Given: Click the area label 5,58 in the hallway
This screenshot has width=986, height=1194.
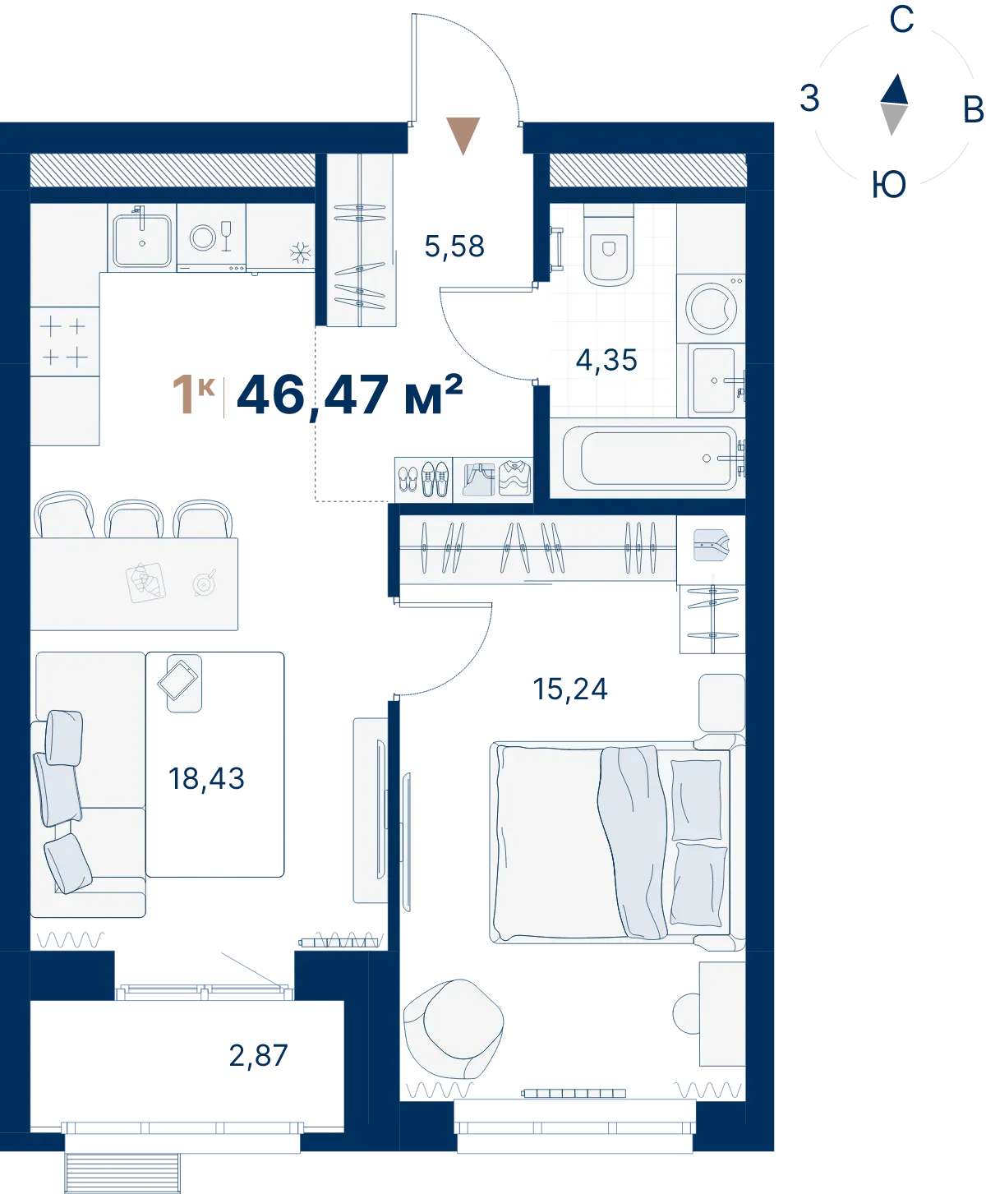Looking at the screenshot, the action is pyautogui.click(x=454, y=247).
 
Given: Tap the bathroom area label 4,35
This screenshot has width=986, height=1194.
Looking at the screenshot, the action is pyautogui.click(x=606, y=360).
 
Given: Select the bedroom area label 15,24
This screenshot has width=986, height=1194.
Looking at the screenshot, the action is pyautogui.click(x=569, y=689).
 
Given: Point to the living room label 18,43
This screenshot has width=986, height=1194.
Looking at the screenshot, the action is pyautogui.click(x=206, y=778).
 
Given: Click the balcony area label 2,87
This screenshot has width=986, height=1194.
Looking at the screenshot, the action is pyautogui.click(x=258, y=1056).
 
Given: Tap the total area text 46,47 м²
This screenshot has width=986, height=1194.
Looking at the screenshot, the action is pyautogui.click(x=349, y=395).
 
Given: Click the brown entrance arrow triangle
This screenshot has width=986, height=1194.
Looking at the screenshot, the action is pyautogui.click(x=463, y=136).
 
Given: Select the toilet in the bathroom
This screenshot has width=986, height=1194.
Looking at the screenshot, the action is pyautogui.click(x=609, y=246).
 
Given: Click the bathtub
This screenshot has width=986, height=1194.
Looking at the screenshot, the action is pyautogui.click(x=650, y=459).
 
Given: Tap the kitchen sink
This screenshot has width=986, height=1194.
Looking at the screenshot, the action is pyautogui.click(x=142, y=241).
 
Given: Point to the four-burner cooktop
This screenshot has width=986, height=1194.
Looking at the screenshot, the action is pyautogui.click(x=64, y=342).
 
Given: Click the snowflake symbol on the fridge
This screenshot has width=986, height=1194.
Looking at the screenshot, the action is pyautogui.click(x=300, y=252).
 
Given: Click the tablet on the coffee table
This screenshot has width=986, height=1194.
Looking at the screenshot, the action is pyautogui.click(x=177, y=680).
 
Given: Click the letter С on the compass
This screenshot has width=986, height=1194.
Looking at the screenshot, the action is pyautogui.click(x=901, y=20).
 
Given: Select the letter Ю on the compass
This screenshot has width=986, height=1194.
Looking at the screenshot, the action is pyautogui.click(x=889, y=185).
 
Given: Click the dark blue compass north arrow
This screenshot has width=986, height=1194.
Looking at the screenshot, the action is pyautogui.click(x=895, y=90).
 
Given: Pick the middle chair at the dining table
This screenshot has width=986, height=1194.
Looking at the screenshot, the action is pyautogui.click(x=134, y=519).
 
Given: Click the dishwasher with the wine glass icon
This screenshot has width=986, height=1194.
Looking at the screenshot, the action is pyautogui.click(x=211, y=237).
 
